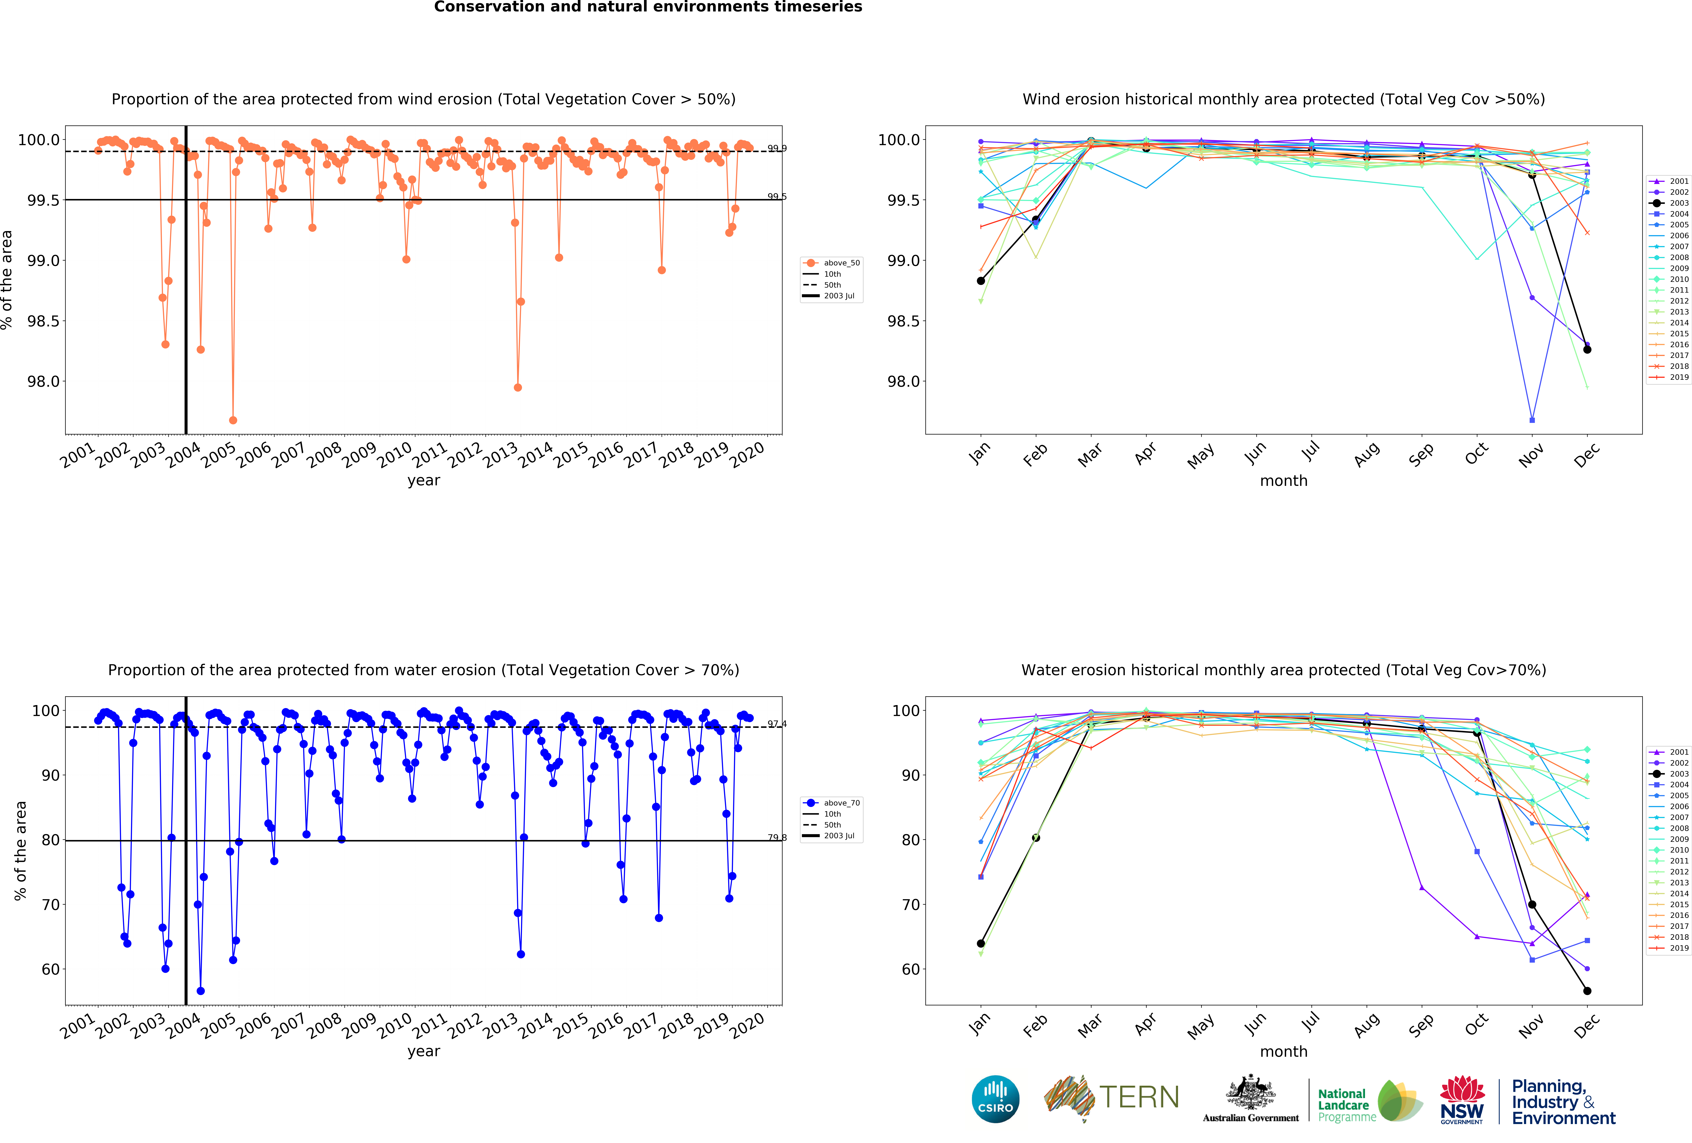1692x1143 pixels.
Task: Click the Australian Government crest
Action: pos(1250,1092)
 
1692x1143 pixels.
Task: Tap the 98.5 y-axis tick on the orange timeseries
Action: pos(44,321)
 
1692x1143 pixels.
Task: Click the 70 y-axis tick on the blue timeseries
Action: pos(51,904)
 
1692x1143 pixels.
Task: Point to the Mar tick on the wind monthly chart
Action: pos(1090,455)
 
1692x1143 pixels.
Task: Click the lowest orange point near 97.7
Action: pos(233,420)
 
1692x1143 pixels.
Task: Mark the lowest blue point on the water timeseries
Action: pos(201,991)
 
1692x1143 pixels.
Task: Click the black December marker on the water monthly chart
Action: pos(1587,991)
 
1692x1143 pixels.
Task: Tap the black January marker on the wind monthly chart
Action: pos(981,280)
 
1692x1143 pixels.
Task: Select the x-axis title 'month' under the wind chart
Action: pos(1284,481)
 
